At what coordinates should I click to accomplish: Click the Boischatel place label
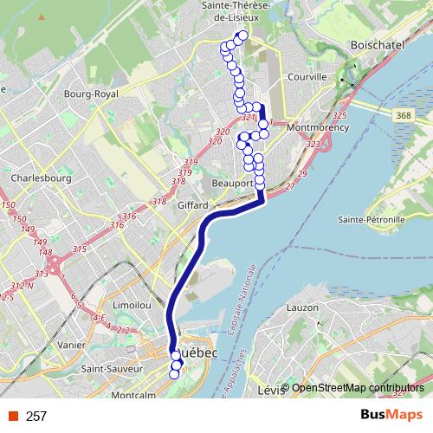pos(373,43)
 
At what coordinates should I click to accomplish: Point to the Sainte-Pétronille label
pos(372,220)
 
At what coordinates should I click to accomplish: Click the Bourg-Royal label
pos(91,94)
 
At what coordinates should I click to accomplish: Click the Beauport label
pos(232,184)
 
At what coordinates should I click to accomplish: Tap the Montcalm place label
pos(133,396)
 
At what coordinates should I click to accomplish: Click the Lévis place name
pos(271,391)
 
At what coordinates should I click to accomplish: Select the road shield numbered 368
pos(400,115)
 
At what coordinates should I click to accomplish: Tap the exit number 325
pos(339,116)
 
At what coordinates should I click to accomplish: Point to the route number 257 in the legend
pos(36,417)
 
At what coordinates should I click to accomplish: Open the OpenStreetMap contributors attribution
pos(358,388)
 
